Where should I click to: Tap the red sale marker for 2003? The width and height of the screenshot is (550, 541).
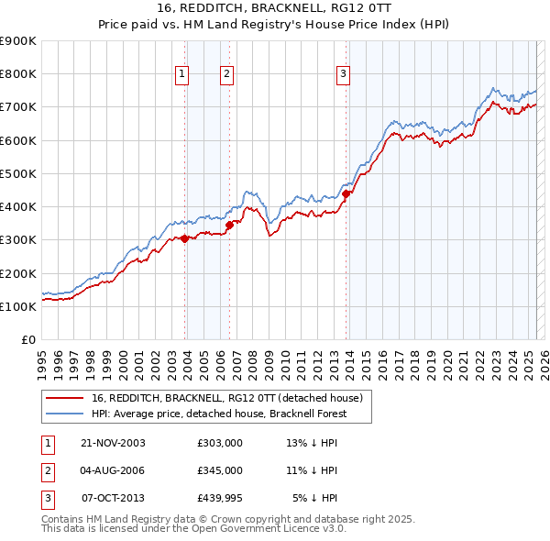click(x=184, y=238)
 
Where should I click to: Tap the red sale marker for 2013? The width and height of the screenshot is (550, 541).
click(x=346, y=193)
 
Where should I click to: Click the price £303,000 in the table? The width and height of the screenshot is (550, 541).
click(x=219, y=443)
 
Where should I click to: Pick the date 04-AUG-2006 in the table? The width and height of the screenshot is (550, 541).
click(x=113, y=470)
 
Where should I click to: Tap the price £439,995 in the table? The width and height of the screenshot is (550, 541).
click(x=219, y=498)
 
